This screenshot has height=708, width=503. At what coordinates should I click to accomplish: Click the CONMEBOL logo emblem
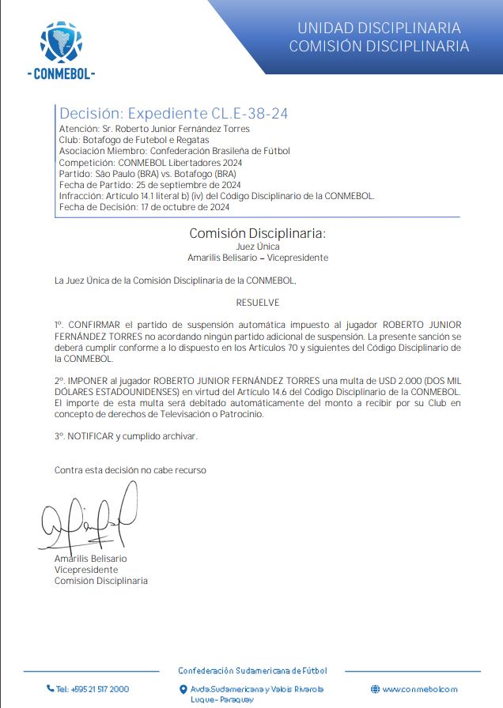point(61,42)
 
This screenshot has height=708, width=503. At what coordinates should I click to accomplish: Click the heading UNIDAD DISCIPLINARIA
point(379,28)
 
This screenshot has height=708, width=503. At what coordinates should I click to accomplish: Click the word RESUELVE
point(257,303)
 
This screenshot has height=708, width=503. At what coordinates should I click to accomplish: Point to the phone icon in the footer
point(50,688)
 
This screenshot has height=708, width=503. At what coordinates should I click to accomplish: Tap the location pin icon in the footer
point(183,689)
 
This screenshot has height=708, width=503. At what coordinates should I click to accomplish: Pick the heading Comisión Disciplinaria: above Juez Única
point(257,233)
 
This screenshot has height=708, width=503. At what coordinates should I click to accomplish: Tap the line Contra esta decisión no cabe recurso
point(130,470)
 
